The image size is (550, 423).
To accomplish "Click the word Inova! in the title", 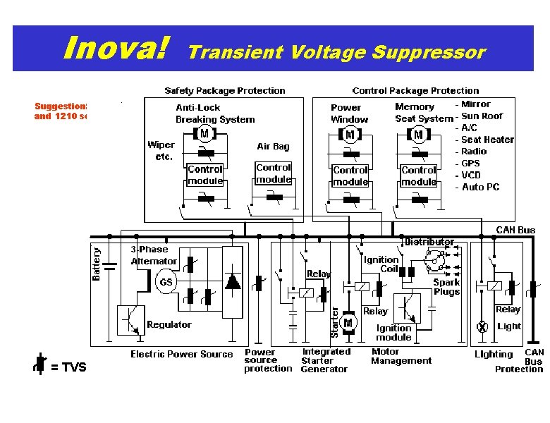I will click(x=116, y=49).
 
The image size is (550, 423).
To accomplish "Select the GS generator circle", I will click(x=166, y=281).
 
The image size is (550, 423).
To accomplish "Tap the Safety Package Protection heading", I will click(x=225, y=90).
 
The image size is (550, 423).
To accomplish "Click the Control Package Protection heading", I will click(x=415, y=90).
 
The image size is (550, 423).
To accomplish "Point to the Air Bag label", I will click(x=273, y=147).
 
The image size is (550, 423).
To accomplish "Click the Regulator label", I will click(x=169, y=324).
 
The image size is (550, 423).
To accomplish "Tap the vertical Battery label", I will click(x=97, y=262).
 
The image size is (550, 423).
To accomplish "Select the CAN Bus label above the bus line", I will click(x=515, y=229).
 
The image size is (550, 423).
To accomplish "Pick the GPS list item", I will click(x=470, y=163).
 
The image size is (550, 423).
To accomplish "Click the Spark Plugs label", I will click(x=446, y=286).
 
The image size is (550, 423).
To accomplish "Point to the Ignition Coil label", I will click(x=381, y=264).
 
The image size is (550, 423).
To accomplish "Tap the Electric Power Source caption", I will click(x=181, y=354).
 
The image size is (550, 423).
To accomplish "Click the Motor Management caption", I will click(x=401, y=356).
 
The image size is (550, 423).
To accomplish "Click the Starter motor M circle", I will click(x=348, y=323).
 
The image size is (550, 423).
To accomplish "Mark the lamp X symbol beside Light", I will click(x=483, y=327).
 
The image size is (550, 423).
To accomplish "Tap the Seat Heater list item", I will click(x=487, y=140).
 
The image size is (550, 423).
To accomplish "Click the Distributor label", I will click(x=429, y=242).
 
